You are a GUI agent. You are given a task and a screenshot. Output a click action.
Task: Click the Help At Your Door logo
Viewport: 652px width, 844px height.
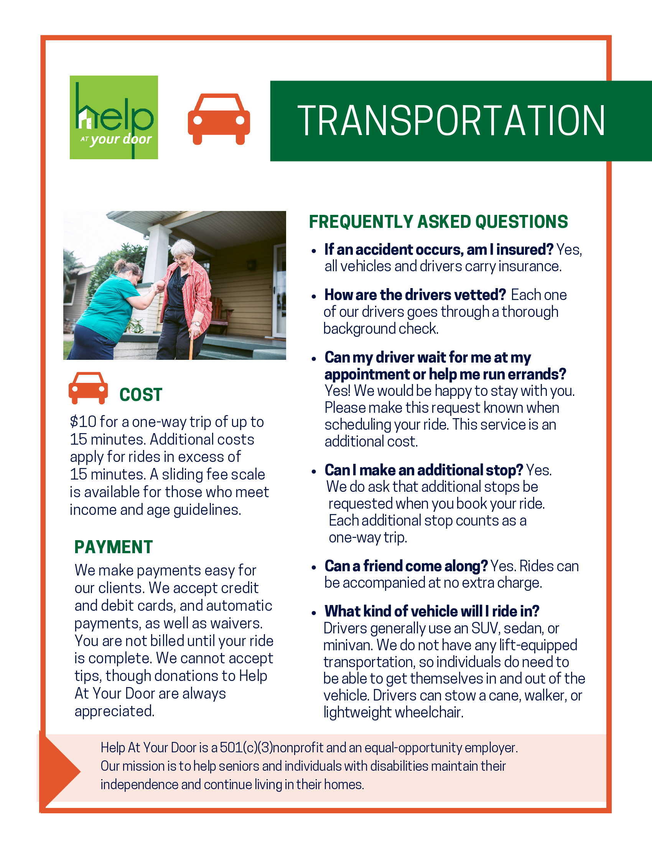pos(114,117)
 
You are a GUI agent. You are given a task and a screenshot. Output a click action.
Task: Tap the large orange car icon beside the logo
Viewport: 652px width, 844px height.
pos(219,119)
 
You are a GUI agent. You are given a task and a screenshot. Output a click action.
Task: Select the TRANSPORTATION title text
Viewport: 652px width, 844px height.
pos(451,121)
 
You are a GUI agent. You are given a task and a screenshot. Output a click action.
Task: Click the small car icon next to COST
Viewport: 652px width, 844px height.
pos(88,388)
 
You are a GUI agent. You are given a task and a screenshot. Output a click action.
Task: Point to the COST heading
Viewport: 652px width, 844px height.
pos(141,394)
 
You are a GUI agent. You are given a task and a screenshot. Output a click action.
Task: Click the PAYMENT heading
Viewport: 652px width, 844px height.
pos(114,547)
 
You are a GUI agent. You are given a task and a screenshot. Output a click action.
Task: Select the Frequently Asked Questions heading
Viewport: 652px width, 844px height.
pos(438,222)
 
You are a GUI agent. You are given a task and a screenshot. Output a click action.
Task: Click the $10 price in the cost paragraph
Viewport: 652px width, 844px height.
pos(83,422)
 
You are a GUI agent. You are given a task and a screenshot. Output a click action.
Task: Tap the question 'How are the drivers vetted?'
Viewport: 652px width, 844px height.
pos(415,295)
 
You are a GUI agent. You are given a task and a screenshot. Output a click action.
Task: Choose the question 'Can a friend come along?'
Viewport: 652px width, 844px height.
pos(406,566)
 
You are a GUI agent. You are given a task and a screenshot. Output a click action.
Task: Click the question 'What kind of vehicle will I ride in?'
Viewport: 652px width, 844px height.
pos(431,611)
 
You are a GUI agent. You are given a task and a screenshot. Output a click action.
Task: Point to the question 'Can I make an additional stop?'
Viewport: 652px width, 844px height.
pos(423,470)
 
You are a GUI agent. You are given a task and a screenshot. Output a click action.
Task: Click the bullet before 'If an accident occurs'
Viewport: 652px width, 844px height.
pos(314,251)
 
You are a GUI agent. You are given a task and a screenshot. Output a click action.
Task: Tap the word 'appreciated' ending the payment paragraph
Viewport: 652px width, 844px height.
pos(114,711)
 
